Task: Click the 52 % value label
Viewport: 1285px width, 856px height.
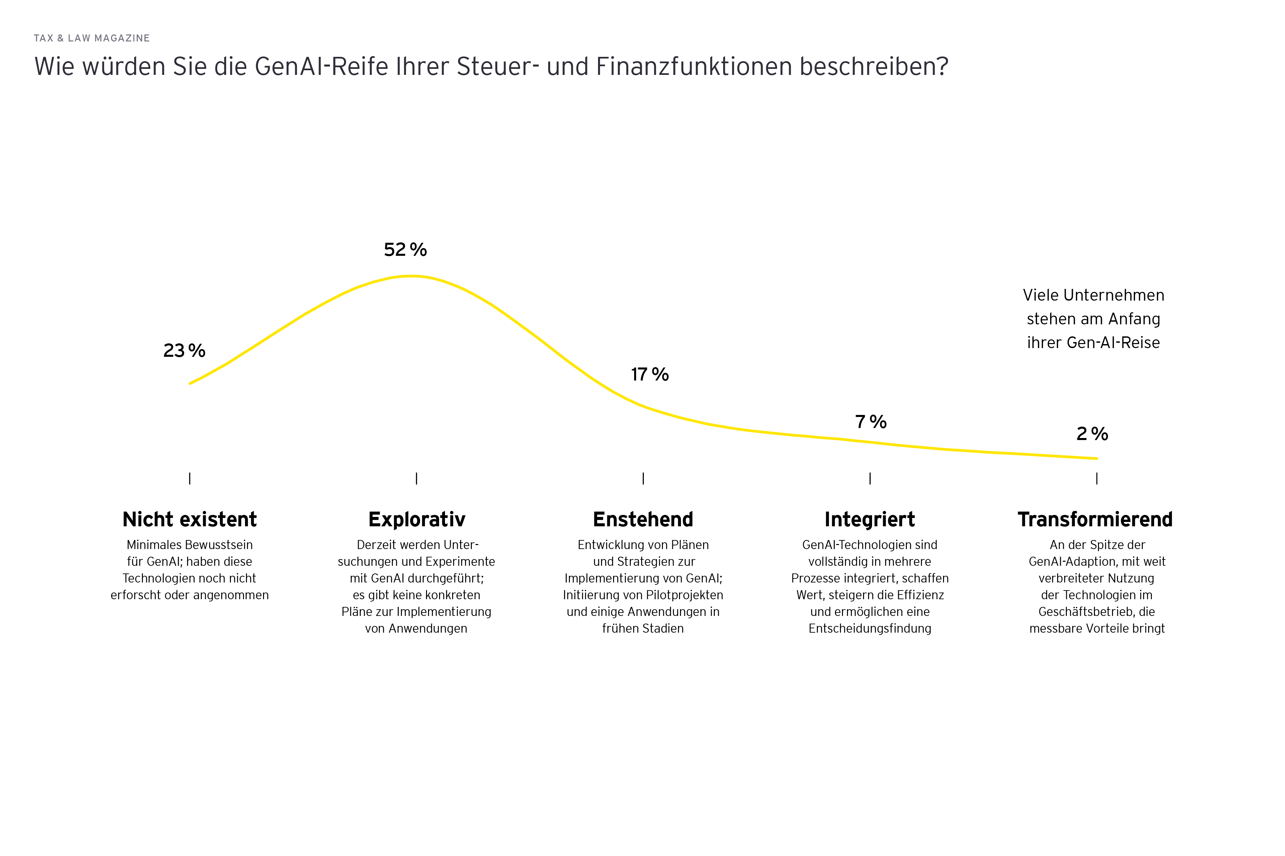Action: click(x=405, y=249)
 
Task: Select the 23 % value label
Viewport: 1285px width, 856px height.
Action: click(x=184, y=350)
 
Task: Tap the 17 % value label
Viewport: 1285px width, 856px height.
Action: click(x=650, y=374)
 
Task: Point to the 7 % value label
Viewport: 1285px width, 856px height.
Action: click(x=870, y=422)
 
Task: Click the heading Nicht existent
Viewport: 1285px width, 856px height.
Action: click(x=190, y=519)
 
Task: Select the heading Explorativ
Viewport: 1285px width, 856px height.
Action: click(x=417, y=519)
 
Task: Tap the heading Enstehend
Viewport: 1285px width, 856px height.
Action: click(x=643, y=519)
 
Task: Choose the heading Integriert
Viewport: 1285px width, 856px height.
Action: click(x=870, y=519)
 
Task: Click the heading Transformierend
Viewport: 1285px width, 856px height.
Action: click(x=1095, y=519)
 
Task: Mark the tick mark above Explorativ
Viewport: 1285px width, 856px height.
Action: click(x=416, y=478)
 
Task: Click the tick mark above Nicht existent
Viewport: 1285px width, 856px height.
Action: click(x=190, y=478)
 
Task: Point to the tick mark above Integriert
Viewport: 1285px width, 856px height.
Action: click(x=870, y=478)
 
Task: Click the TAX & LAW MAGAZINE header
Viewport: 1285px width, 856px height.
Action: click(x=92, y=38)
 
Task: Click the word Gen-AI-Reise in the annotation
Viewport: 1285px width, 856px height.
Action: click(x=1113, y=343)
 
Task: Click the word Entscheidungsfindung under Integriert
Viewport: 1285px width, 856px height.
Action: click(x=870, y=628)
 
